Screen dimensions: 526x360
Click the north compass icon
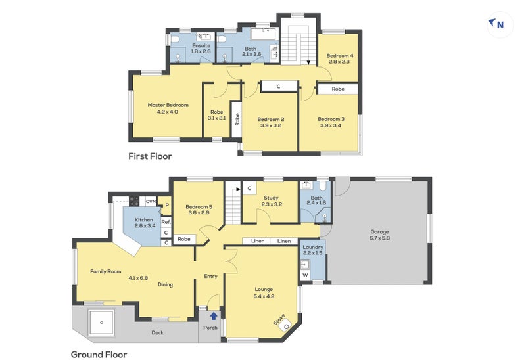pos(500,24)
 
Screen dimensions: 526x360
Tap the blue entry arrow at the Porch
pos(214,316)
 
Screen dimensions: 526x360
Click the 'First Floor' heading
pos(150,156)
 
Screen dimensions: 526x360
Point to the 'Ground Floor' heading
pos(99,355)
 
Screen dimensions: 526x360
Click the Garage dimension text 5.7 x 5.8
pos(380,238)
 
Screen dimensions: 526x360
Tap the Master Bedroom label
pos(168,105)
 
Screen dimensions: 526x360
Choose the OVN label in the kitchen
pos(151,202)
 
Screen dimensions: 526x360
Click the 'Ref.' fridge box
pos(166,222)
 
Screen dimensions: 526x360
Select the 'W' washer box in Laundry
pos(305,275)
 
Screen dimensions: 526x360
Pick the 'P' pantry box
pos(167,205)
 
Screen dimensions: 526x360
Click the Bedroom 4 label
pos(339,56)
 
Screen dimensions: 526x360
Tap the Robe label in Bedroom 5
pos(184,239)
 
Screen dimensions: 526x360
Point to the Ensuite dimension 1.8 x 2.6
pos(201,51)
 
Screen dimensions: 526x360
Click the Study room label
pos(271,198)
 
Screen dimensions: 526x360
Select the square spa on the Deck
pos(101,322)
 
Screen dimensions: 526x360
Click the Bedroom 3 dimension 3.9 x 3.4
pos(331,125)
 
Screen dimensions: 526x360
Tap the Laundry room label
pos(313,247)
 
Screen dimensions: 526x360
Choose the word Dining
pos(166,284)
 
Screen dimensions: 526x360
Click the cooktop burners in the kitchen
pos(134,201)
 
